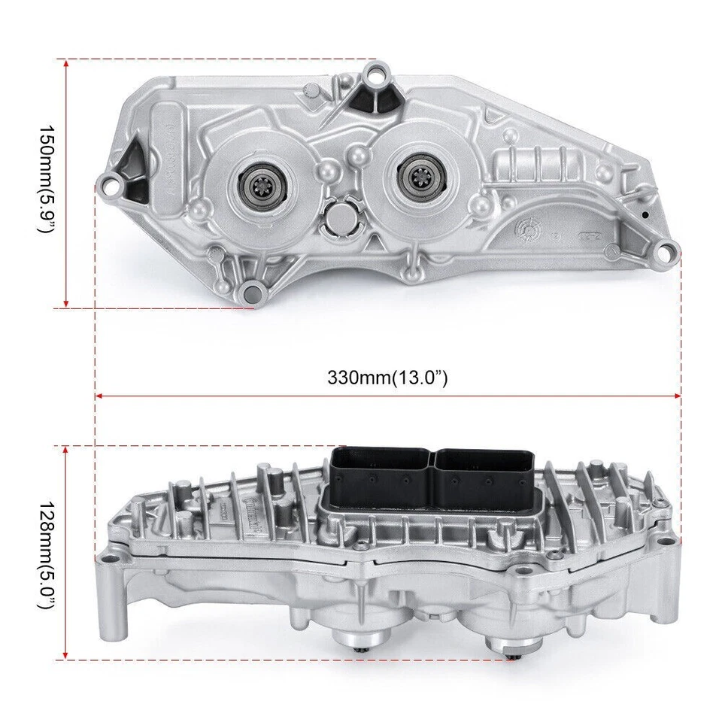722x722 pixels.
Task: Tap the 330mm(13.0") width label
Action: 387,377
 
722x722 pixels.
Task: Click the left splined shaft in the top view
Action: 259,180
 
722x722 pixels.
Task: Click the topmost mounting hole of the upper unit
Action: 375,76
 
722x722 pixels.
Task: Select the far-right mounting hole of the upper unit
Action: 663,250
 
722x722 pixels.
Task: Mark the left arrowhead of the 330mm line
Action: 99,395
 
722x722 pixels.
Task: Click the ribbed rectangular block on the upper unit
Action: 538,164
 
